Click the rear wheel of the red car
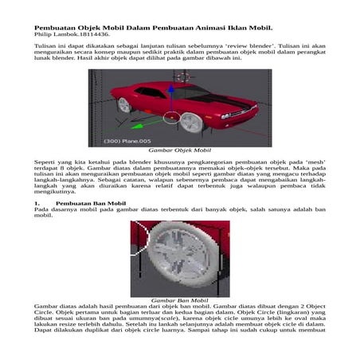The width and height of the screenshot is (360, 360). coord(124,104)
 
